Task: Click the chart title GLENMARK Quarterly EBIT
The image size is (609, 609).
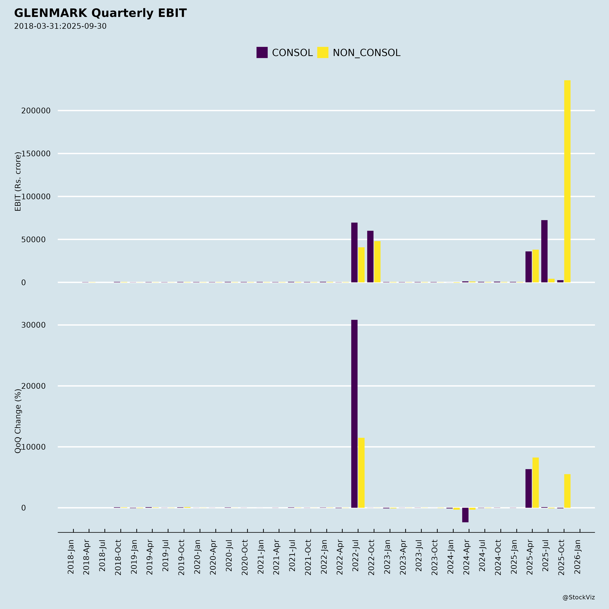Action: point(100,13)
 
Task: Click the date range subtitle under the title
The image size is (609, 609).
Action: point(60,26)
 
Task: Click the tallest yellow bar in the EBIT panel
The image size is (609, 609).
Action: point(567,181)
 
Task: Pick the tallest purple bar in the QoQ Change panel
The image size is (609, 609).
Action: point(354,414)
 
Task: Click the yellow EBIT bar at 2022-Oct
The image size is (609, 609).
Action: point(377,262)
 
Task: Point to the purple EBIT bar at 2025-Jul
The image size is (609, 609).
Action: point(544,251)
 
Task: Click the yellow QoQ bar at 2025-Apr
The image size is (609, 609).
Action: point(536,483)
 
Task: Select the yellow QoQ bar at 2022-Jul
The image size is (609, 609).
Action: point(361,473)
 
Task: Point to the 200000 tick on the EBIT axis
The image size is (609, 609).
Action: point(36,111)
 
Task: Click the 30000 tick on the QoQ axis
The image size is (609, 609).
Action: point(33,325)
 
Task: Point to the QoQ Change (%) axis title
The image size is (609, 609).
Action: point(18,421)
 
